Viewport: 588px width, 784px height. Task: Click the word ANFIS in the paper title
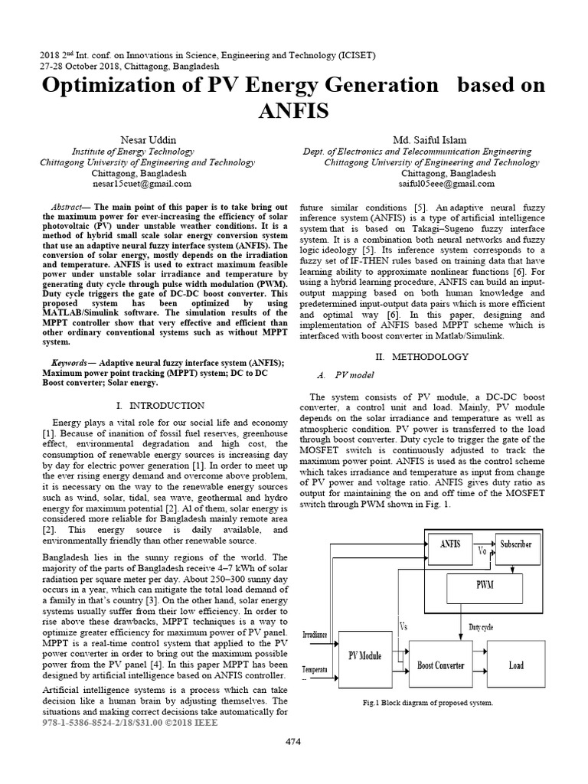[294, 112]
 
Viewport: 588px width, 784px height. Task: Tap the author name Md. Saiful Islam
[434, 141]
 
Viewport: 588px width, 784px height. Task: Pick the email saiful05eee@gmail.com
[436, 185]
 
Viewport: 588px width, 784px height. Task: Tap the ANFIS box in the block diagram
[452, 544]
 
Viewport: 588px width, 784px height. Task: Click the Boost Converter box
[440, 665]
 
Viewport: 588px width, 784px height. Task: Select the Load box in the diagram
[516, 665]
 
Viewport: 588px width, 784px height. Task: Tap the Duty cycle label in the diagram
[481, 626]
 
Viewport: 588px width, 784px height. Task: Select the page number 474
[294, 742]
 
